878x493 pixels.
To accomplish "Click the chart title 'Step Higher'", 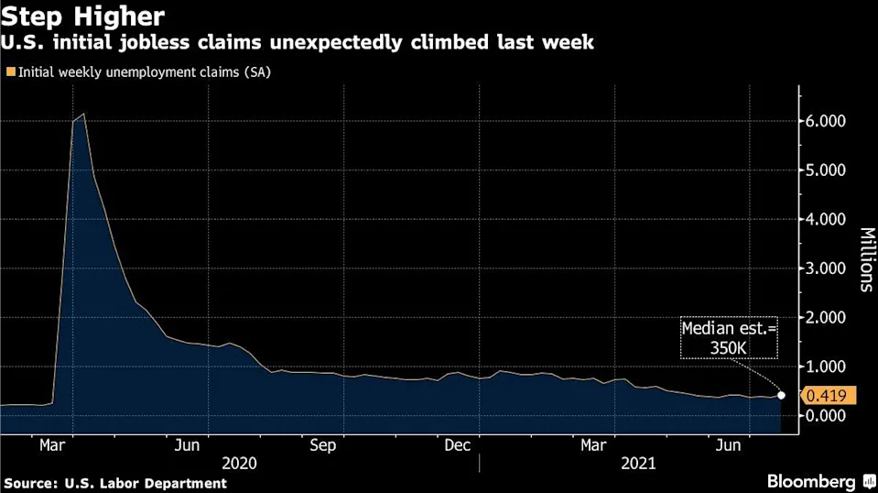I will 84,16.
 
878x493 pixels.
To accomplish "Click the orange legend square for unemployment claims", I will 9,70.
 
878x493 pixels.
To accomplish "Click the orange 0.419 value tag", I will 829,396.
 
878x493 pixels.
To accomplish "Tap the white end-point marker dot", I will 781,396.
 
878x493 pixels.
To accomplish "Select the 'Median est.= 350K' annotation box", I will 729,337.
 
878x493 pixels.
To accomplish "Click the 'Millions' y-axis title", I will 865,260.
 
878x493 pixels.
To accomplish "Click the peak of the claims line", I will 84,115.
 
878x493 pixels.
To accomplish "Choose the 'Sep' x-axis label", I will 322,445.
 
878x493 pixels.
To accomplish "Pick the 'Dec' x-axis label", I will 457,445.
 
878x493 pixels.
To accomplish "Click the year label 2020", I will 238,464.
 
